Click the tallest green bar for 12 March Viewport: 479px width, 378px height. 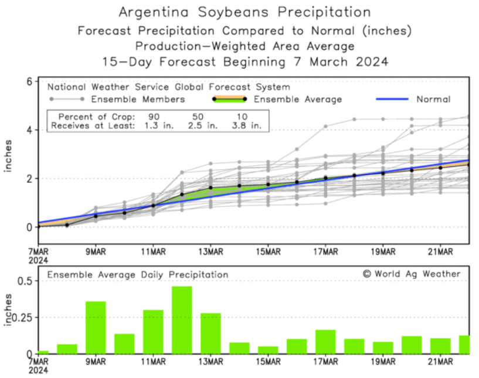click(x=182, y=319)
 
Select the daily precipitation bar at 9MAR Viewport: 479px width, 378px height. click(x=96, y=327)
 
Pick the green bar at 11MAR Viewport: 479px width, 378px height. click(x=153, y=331)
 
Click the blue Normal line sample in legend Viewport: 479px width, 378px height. click(x=391, y=100)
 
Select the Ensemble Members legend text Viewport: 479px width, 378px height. click(x=138, y=100)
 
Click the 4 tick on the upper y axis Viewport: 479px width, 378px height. click(x=27, y=130)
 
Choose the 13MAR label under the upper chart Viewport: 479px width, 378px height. click(x=210, y=253)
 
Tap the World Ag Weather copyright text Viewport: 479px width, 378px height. click(x=412, y=274)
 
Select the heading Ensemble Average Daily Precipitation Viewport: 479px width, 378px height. click(x=138, y=274)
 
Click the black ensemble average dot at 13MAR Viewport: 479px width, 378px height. click(x=210, y=188)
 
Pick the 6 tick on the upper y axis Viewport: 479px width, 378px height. click(x=27, y=81)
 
